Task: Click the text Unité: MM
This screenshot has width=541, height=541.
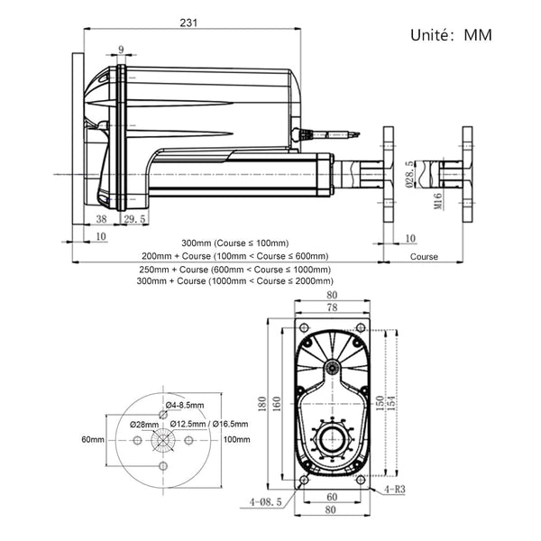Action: click(x=452, y=36)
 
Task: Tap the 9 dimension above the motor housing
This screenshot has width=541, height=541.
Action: click(x=120, y=50)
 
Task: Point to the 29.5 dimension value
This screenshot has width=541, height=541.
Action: click(x=135, y=219)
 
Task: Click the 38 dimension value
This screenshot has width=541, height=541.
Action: click(x=102, y=219)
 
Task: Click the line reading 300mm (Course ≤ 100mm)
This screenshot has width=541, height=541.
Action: click(x=234, y=243)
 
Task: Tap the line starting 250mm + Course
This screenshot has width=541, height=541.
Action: click(x=234, y=270)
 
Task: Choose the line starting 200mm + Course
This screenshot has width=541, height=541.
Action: click(x=234, y=256)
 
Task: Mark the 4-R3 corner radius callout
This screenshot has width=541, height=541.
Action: click(x=394, y=490)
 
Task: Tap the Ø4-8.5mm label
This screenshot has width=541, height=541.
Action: click(x=185, y=405)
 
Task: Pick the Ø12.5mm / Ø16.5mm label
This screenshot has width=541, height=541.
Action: click(x=210, y=424)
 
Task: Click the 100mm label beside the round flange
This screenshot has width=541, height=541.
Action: click(x=236, y=439)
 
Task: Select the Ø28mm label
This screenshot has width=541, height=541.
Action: click(x=144, y=424)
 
